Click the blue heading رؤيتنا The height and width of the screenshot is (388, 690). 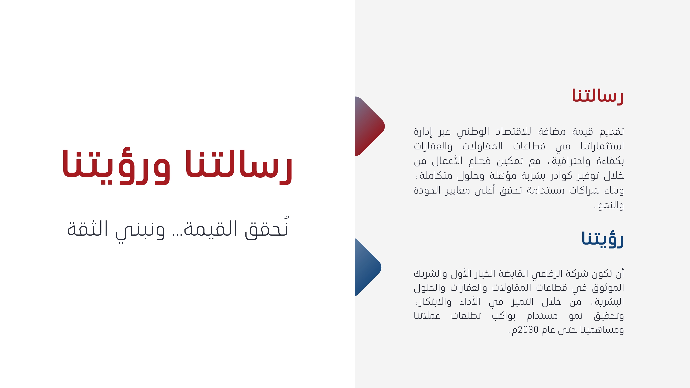(602, 239)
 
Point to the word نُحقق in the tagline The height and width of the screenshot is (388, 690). (267, 227)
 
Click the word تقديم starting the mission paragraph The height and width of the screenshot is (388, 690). (612, 131)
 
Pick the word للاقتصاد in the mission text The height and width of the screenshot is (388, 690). (513, 131)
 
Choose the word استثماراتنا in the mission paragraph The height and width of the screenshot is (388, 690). (602, 146)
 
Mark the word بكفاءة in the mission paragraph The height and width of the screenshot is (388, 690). (610, 161)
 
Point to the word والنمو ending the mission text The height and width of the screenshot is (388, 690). (611, 205)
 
